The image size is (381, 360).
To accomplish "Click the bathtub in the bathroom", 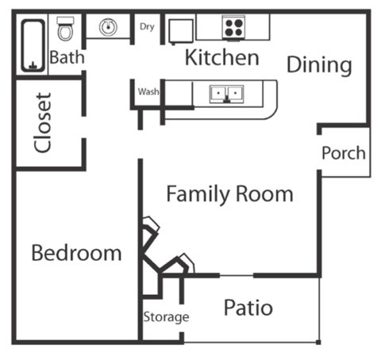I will tap(32, 46).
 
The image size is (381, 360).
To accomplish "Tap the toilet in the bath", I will tap(66, 31).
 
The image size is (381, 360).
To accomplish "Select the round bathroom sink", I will tap(108, 27).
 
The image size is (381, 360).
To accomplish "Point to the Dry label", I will tap(147, 27).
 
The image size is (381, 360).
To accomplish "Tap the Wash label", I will tap(148, 91).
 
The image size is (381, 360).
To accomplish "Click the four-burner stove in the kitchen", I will tap(233, 27).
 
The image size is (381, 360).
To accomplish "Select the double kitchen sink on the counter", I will tap(226, 94).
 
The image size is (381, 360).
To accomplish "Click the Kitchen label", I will tap(221, 57).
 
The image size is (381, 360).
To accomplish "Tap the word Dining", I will tap(318, 64).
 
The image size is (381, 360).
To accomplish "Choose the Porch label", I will tap(344, 153).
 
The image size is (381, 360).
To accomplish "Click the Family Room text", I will tap(229, 194).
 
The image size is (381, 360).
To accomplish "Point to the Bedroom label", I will tap(76, 254).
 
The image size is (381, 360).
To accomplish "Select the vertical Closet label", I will tap(43, 123).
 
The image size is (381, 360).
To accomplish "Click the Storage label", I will tap(166, 317).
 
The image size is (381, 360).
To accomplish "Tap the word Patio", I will tap(248, 308).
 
